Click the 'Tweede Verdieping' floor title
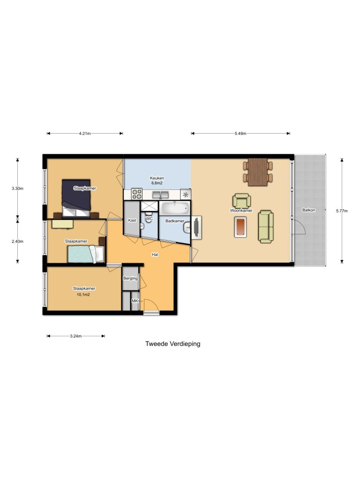pos(172,344)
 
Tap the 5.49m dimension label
pos(240,134)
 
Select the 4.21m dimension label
pos(85,134)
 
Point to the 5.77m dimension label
pos(342,211)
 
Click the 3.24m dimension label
pos(75,336)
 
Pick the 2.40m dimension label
pos(17,241)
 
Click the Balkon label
pos(308,210)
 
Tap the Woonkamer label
pos(241,210)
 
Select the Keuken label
pos(157,178)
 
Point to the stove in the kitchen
pos(136,194)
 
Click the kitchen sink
pos(161,194)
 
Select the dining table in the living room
pos(257,172)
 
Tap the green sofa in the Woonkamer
pos(265,226)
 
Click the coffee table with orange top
pos(241,227)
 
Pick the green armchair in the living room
pos(241,200)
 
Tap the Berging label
pos(130,278)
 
